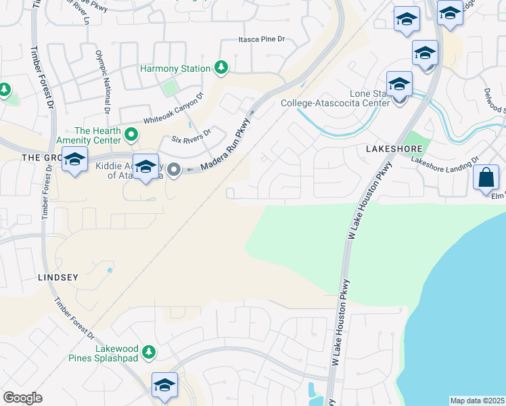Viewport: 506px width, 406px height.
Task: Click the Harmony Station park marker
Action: (x=221, y=68)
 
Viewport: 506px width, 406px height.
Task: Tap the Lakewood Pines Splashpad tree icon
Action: (x=149, y=352)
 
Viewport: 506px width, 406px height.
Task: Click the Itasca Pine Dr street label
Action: (x=262, y=40)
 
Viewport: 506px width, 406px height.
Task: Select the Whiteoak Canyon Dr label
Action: (x=172, y=110)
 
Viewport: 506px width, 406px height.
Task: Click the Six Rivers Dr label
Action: (x=191, y=136)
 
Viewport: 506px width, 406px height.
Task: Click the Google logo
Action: (x=22, y=398)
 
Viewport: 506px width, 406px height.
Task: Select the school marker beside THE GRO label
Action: (x=74, y=160)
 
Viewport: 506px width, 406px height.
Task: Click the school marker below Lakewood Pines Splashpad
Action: (x=164, y=385)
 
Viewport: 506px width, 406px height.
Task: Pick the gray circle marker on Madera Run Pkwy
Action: (x=174, y=170)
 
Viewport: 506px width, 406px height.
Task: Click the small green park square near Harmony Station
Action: (x=169, y=88)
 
